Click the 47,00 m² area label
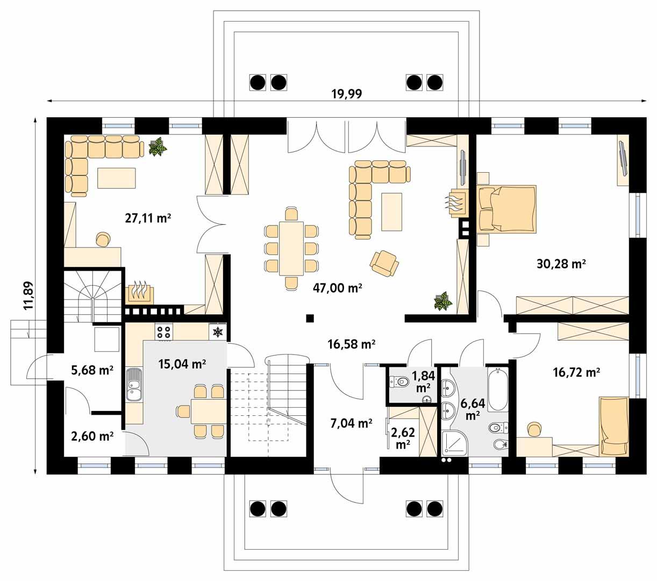(x=337, y=288)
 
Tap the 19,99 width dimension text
(x=346, y=94)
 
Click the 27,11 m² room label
(x=147, y=218)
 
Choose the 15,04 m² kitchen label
(x=183, y=364)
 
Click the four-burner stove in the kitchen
(x=164, y=332)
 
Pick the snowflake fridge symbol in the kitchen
(x=218, y=332)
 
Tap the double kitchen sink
(x=134, y=384)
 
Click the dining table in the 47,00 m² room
(x=291, y=248)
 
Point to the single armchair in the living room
(x=384, y=263)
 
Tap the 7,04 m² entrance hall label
(x=351, y=423)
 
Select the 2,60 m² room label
(x=92, y=436)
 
